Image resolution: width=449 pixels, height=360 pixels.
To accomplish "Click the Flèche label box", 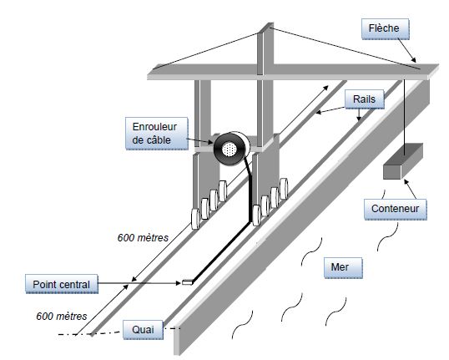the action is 385,29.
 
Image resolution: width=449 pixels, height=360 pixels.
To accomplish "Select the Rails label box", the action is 364,99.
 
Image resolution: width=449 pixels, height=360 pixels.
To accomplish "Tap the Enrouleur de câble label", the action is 157,134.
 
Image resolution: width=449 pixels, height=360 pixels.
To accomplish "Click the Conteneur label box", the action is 395,210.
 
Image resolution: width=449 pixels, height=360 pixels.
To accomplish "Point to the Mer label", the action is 343,268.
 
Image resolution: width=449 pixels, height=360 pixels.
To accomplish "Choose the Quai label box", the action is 143,330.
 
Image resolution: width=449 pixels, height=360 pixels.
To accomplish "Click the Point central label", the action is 62,284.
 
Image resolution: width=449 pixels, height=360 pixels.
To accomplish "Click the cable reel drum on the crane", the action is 231,149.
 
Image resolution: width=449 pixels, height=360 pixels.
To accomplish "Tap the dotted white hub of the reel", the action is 230,150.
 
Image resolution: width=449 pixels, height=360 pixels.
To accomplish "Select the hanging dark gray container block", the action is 403,161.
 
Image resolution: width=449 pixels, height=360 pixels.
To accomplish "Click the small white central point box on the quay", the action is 187,282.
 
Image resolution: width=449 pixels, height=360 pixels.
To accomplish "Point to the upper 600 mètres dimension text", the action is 143,237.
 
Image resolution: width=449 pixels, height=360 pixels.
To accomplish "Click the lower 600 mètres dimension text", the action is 62,316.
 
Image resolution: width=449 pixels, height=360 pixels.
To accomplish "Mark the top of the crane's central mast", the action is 269,26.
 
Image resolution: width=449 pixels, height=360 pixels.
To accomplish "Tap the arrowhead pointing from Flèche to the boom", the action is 413,60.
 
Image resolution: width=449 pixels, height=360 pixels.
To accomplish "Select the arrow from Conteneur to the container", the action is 410,189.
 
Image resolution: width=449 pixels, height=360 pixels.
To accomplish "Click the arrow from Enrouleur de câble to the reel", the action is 200,140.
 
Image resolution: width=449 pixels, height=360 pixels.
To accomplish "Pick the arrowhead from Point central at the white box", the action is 178,283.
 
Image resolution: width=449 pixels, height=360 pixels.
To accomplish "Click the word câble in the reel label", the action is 159,140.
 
